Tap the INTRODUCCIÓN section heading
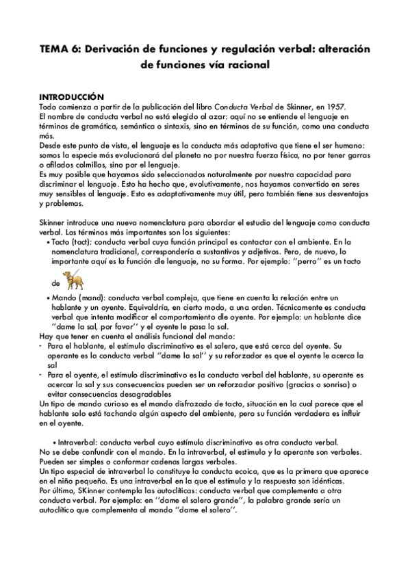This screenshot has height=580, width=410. pos(71,97)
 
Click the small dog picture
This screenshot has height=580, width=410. pos(72,280)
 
